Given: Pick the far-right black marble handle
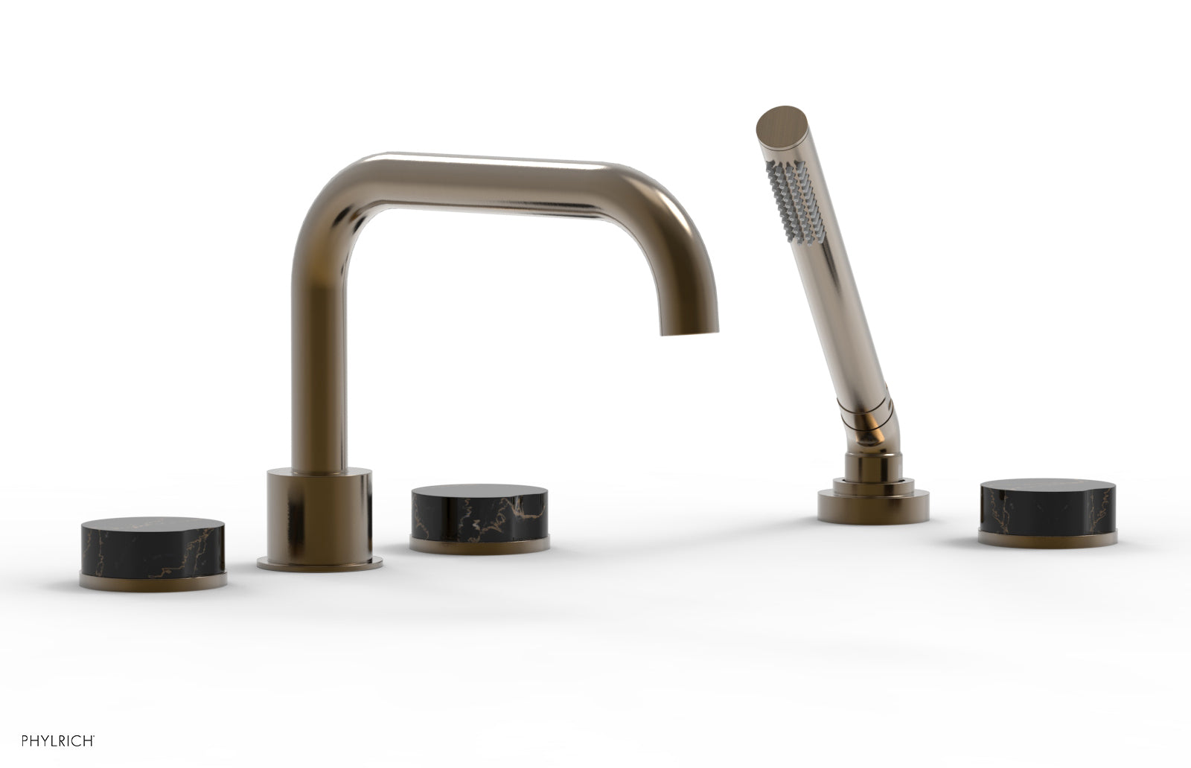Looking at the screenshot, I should click(x=1053, y=508).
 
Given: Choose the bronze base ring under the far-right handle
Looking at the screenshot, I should click(x=1053, y=537).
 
